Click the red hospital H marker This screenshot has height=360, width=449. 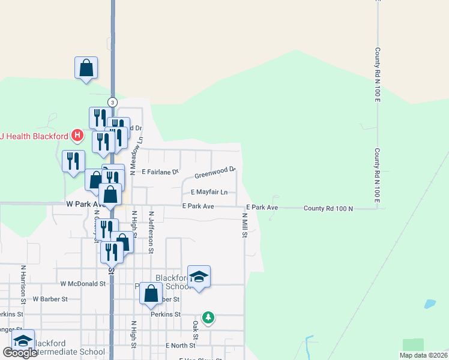77,135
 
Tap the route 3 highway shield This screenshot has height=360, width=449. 112,101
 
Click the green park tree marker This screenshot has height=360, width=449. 208,317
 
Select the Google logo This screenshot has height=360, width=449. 19,353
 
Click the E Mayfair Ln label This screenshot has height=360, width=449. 209,193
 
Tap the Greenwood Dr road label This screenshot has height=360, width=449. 215,173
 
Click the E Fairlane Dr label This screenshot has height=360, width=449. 160,172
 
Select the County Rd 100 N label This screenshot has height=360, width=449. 328,208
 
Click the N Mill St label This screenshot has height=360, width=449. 245,225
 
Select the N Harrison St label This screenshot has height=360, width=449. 23,284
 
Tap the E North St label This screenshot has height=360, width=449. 181,346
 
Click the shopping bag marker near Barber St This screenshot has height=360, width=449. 151,293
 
